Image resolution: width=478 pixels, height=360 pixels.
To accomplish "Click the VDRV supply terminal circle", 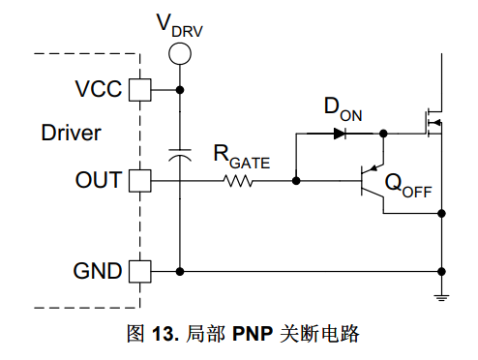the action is pyautogui.click(x=180, y=53).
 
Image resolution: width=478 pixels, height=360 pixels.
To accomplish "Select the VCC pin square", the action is pyautogui.click(x=140, y=90).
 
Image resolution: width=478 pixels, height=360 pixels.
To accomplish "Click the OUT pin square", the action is pyautogui.click(x=140, y=181).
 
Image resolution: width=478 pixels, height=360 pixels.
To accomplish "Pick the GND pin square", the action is pyautogui.click(x=140, y=272).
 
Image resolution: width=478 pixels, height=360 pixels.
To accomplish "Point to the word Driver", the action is pyautogui.click(x=72, y=133).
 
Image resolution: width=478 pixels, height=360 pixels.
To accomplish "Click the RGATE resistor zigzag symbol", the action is pyautogui.click(x=238, y=181).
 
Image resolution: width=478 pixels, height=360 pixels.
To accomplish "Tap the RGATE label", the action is pyautogui.click(x=242, y=157).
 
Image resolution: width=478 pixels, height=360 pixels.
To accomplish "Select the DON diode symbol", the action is pyautogui.click(x=340, y=134).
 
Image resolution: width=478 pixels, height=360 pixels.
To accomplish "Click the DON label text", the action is pyautogui.click(x=343, y=110).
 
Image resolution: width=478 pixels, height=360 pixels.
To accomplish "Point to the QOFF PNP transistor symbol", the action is pyautogui.click(x=373, y=181).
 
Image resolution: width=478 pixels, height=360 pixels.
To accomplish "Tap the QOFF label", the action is pyautogui.click(x=408, y=186).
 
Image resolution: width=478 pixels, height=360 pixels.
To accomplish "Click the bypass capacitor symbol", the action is pyautogui.click(x=180, y=155).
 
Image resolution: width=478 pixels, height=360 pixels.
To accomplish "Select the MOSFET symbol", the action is pyautogui.click(x=433, y=123).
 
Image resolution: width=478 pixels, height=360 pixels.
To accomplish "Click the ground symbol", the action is pyautogui.click(x=441, y=298).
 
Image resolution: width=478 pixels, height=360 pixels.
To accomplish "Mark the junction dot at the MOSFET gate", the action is pyautogui.click(x=383, y=134).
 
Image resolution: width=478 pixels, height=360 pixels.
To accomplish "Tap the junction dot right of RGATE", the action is pyautogui.click(x=296, y=181).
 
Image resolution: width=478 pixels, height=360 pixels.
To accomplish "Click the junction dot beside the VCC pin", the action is pyautogui.click(x=180, y=90).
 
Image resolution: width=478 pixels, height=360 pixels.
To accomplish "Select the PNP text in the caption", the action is pyautogui.click(x=253, y=333).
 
